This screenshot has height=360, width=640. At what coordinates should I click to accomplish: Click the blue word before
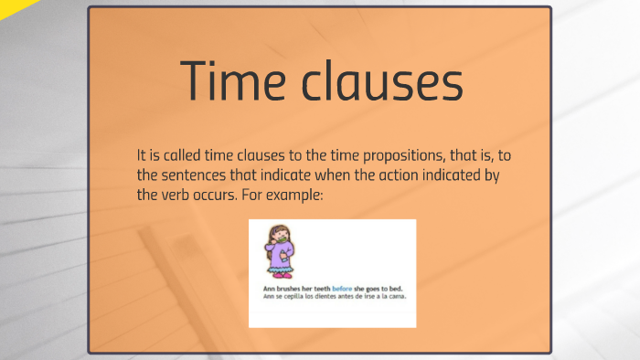(x=341, y=290)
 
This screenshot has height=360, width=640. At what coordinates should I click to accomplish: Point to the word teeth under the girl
(x=321, y=290)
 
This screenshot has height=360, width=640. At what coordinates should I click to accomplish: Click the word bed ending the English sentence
(x=397, y=290)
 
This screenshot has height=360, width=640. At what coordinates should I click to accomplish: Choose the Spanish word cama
(x=396, y=297)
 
